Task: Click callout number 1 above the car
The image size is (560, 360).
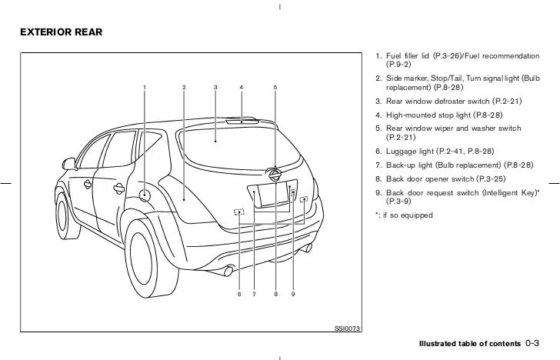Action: click(144, 87)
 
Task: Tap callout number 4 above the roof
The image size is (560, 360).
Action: click(241, 87)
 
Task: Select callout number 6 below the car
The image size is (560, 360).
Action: click(239, 294)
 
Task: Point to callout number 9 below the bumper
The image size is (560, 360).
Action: click(293, 294)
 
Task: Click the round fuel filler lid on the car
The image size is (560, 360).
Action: click(144, 195)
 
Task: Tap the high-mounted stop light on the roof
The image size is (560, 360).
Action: click(248, 120)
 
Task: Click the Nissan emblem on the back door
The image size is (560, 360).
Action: click(272, 175)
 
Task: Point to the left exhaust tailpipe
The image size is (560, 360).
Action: click(228, 272)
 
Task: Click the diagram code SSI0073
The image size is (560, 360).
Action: click(347, 328)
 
